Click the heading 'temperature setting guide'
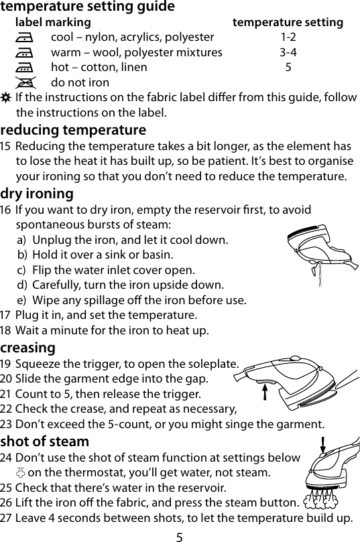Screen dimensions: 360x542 point(88,7)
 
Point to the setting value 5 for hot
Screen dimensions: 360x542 point(288,68)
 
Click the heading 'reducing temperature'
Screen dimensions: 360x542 point(73,129)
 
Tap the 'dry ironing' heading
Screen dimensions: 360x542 point(38,194)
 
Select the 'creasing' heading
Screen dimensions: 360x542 point(28,348)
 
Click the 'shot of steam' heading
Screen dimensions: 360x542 point(45,442)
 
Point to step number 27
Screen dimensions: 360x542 point(7,519)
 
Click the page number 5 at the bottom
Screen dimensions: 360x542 point(180,535)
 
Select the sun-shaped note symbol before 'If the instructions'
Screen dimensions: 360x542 point(7,98)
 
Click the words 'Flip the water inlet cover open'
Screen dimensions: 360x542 point(114,271)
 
